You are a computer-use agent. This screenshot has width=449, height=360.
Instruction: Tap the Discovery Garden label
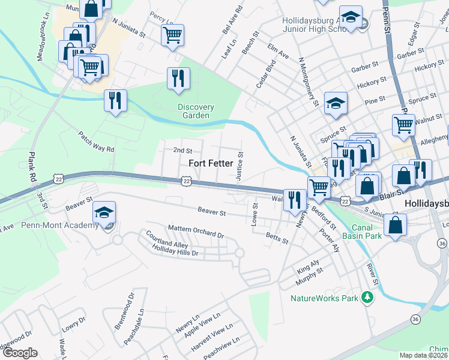pos(196,112)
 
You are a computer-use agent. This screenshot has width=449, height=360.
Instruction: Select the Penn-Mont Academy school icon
pos(104,214)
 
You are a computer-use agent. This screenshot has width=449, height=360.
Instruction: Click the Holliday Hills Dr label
pos(175,251)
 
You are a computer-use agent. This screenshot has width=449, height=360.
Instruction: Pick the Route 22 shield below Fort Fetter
pos(187,181)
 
